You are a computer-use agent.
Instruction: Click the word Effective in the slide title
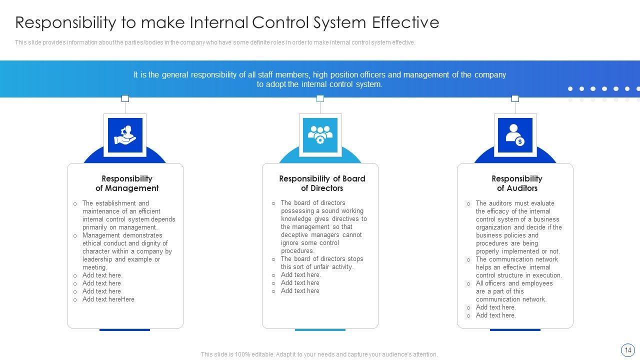(x=405, y=22)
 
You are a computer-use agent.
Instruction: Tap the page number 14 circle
(x=627, y=350)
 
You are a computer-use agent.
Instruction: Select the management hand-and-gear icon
(x=125, y=135)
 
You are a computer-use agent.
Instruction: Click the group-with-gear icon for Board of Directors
(x=320, y=135)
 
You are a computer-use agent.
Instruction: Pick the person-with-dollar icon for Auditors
(x=515, y=135)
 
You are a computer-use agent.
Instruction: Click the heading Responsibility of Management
(x=127, y=183)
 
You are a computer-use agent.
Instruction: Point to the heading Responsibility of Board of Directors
(x=322, y=183)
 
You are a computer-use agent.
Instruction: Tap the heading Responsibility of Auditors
(x=517, y=183)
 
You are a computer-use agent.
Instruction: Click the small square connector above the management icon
(x=125, y=98)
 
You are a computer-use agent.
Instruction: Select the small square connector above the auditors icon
(x=515, y=98)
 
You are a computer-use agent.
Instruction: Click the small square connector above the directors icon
(x=320, y=98)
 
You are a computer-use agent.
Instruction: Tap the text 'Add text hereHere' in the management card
(x=108, y=299)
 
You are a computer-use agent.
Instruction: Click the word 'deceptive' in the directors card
(x=295, y=235)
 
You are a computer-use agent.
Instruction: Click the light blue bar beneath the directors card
(x=320, y=330)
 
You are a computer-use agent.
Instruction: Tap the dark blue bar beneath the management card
(x=124, y=330)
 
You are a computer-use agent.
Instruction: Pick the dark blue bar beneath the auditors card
(x=515, y=330)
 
